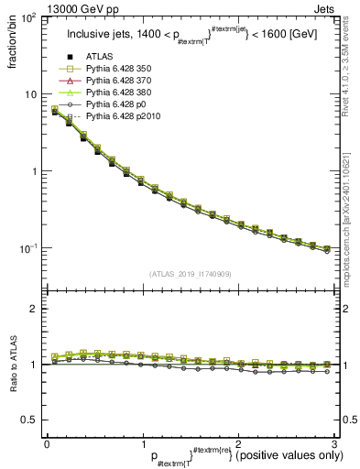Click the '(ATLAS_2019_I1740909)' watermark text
click(x=191, y=272)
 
